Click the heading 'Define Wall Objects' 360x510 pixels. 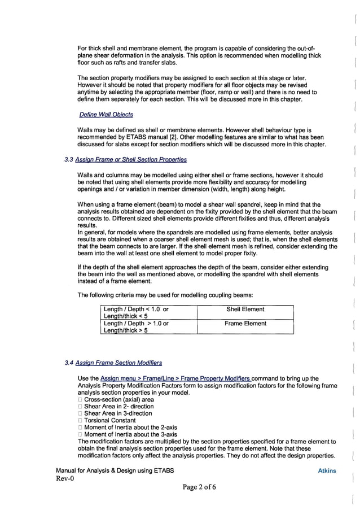point(106,115)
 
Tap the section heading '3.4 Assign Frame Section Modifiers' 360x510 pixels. point(113,363)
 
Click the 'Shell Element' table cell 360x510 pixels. point(245,310)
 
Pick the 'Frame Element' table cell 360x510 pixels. point(245,324)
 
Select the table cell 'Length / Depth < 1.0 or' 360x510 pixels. point(135,310)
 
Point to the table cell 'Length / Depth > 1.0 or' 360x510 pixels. point(135,324)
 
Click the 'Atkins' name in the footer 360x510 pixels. point(327,470)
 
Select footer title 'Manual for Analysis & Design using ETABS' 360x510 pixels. point(115,470)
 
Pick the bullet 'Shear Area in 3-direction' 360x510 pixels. point(118,413)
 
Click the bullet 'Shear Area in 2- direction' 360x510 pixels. point(118,407)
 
